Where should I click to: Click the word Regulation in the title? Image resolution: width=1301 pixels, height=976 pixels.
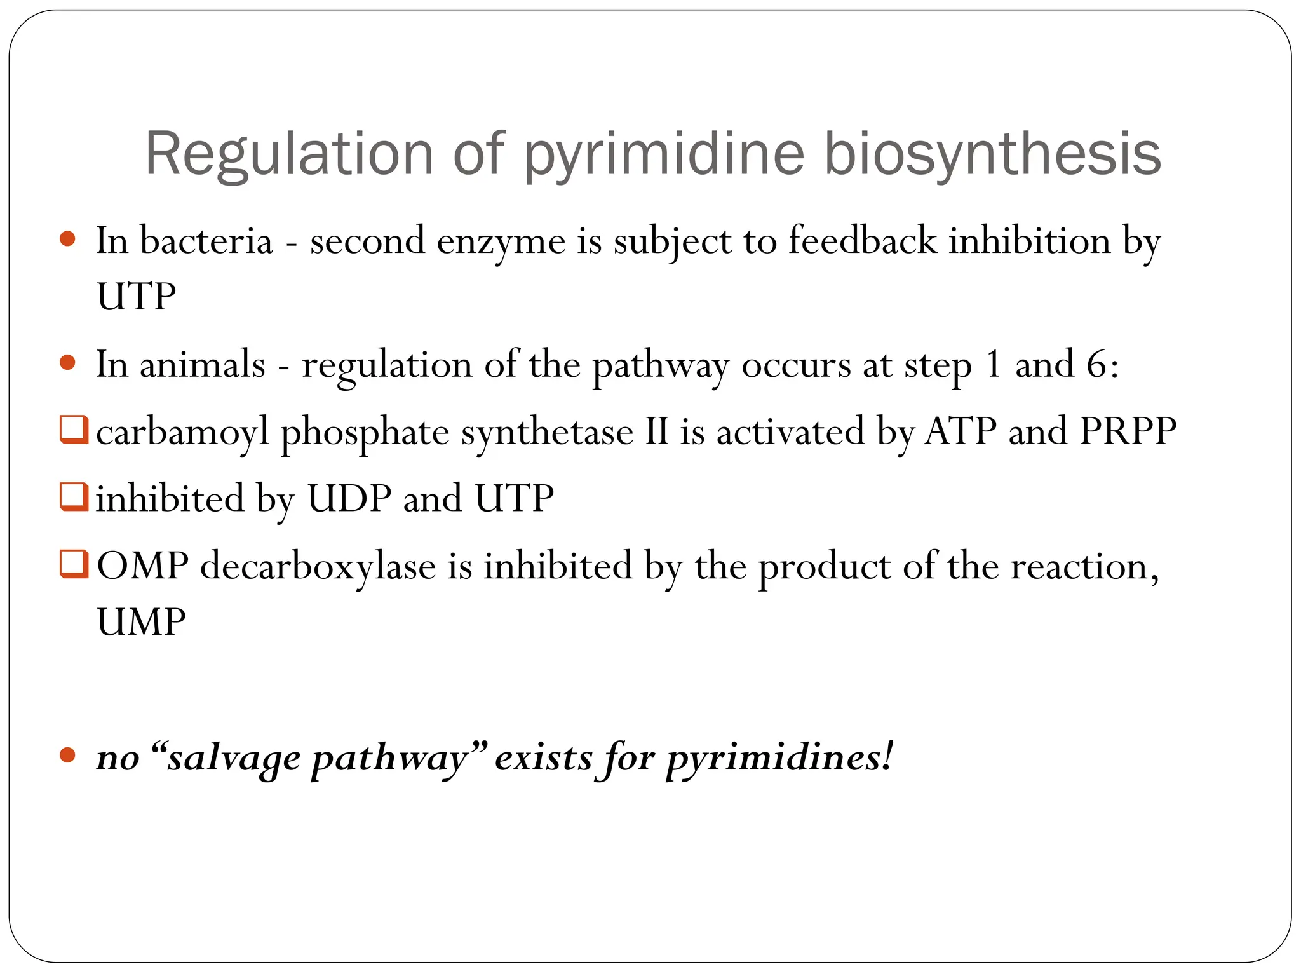point(289,154)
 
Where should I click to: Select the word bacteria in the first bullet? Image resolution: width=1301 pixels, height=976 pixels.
point(206,241)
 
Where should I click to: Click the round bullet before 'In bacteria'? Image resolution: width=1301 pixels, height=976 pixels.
point(67,240)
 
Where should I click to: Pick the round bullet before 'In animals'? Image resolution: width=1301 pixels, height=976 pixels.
point(67,363)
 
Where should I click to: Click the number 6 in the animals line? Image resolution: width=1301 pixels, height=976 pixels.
point(1097,365)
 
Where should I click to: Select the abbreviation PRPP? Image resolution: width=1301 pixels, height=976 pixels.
point(1128,431)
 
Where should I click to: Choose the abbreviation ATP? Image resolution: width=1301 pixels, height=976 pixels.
point(961,431)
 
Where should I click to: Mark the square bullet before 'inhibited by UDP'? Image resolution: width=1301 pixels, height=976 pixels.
point(74,496)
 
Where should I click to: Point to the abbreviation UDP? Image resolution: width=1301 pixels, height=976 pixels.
point(349,498)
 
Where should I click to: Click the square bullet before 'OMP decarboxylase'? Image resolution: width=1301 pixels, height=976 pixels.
point(74,564)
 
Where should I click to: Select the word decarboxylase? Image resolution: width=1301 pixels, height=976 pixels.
point(318,566)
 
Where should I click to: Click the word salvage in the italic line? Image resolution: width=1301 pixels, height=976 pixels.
point(233,758)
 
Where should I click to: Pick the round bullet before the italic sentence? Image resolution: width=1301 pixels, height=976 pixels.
point(67,756)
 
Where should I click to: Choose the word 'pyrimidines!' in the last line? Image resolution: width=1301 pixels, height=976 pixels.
point(779,758)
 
